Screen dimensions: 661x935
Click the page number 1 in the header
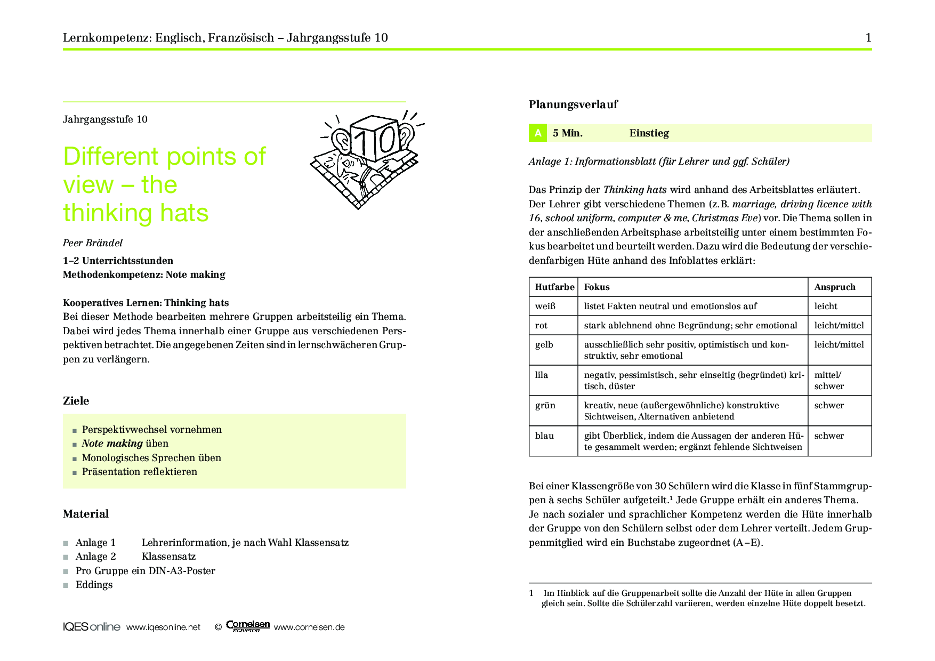click(x=868, y=37)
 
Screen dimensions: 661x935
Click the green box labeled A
click(x=537, y=133)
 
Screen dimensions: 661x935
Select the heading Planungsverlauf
click(x=573, y=104)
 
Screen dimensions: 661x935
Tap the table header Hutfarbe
click(x=554, y=287)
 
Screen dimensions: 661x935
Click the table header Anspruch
click(x=835, y=287)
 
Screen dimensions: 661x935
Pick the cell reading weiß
click(x=545, y=306)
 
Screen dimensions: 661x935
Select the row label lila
click(x=542, y=375)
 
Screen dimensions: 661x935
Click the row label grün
click(x=545, y=405)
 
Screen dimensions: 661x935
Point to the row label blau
click(x=544, y=436)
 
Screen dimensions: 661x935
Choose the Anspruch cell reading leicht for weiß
click(x=826, y=306)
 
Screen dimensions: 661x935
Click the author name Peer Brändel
click(x=93, y=243)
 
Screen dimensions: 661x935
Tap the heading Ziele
click(x=76, y=401)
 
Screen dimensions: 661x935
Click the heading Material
click(x=86, y=514)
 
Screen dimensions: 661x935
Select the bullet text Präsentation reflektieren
click(x=140, y=472)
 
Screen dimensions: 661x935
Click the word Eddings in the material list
click(x=94, y=585)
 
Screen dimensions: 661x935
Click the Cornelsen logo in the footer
click(x=248, y=626)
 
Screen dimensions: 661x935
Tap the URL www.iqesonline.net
click(x=163, y=627)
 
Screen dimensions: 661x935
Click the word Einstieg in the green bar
click(x=649, y=133)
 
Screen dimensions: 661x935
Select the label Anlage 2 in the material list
click(x=96, y=557)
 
